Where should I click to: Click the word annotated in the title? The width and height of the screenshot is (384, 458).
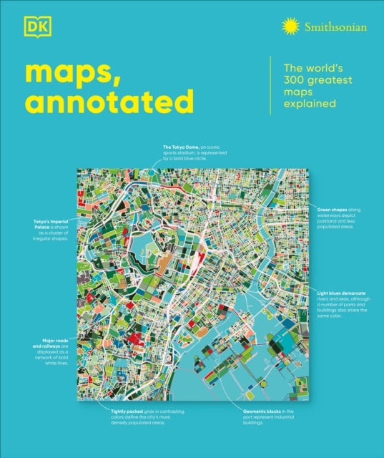107,102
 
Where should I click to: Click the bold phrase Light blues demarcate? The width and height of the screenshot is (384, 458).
342,293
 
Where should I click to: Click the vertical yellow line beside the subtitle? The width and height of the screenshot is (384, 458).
270,85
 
